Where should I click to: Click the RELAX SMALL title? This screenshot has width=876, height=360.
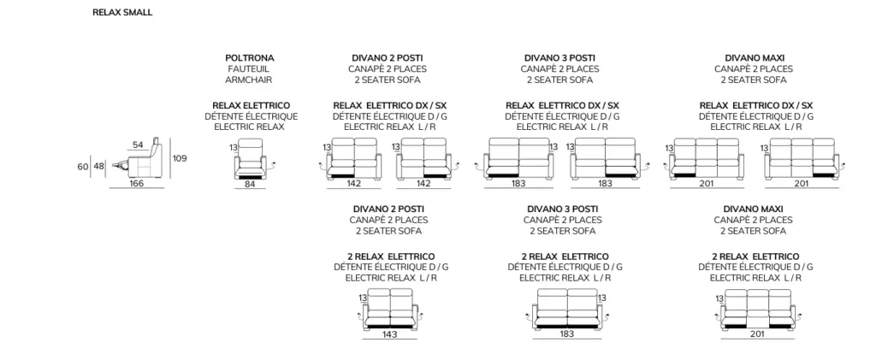click(122, 12)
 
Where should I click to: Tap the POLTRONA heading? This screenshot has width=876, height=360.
click(250, 57)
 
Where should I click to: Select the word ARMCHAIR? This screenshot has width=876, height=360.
click(249, 80)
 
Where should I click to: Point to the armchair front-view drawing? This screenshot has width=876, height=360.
click(251, 159)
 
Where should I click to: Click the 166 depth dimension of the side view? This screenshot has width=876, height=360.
click(136, 183)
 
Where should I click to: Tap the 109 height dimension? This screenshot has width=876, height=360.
click(180, 158)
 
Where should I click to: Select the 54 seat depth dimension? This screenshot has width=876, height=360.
click(138, 145)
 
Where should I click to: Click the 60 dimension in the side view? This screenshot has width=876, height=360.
click(83, 167)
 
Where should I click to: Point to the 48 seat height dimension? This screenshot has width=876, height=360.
click(99, 167)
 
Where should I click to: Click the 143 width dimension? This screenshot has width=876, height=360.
click(390, 334)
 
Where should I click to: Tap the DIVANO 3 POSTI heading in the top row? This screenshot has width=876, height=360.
click(559, 57)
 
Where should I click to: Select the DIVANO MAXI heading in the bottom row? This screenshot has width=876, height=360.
click(755, 209)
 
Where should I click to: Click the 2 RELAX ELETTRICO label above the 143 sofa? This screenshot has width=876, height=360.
click(391, 257)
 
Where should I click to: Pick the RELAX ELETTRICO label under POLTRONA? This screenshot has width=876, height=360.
click(252, 105)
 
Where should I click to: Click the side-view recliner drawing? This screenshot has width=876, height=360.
click(139, 162)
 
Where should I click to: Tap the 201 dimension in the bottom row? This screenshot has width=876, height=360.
click(757, 334)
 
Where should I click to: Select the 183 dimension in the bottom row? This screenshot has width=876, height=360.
click(566, 334)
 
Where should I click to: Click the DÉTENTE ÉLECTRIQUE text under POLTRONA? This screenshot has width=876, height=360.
click(251, 116)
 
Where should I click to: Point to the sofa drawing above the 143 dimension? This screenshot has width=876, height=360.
click(390, 310)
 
